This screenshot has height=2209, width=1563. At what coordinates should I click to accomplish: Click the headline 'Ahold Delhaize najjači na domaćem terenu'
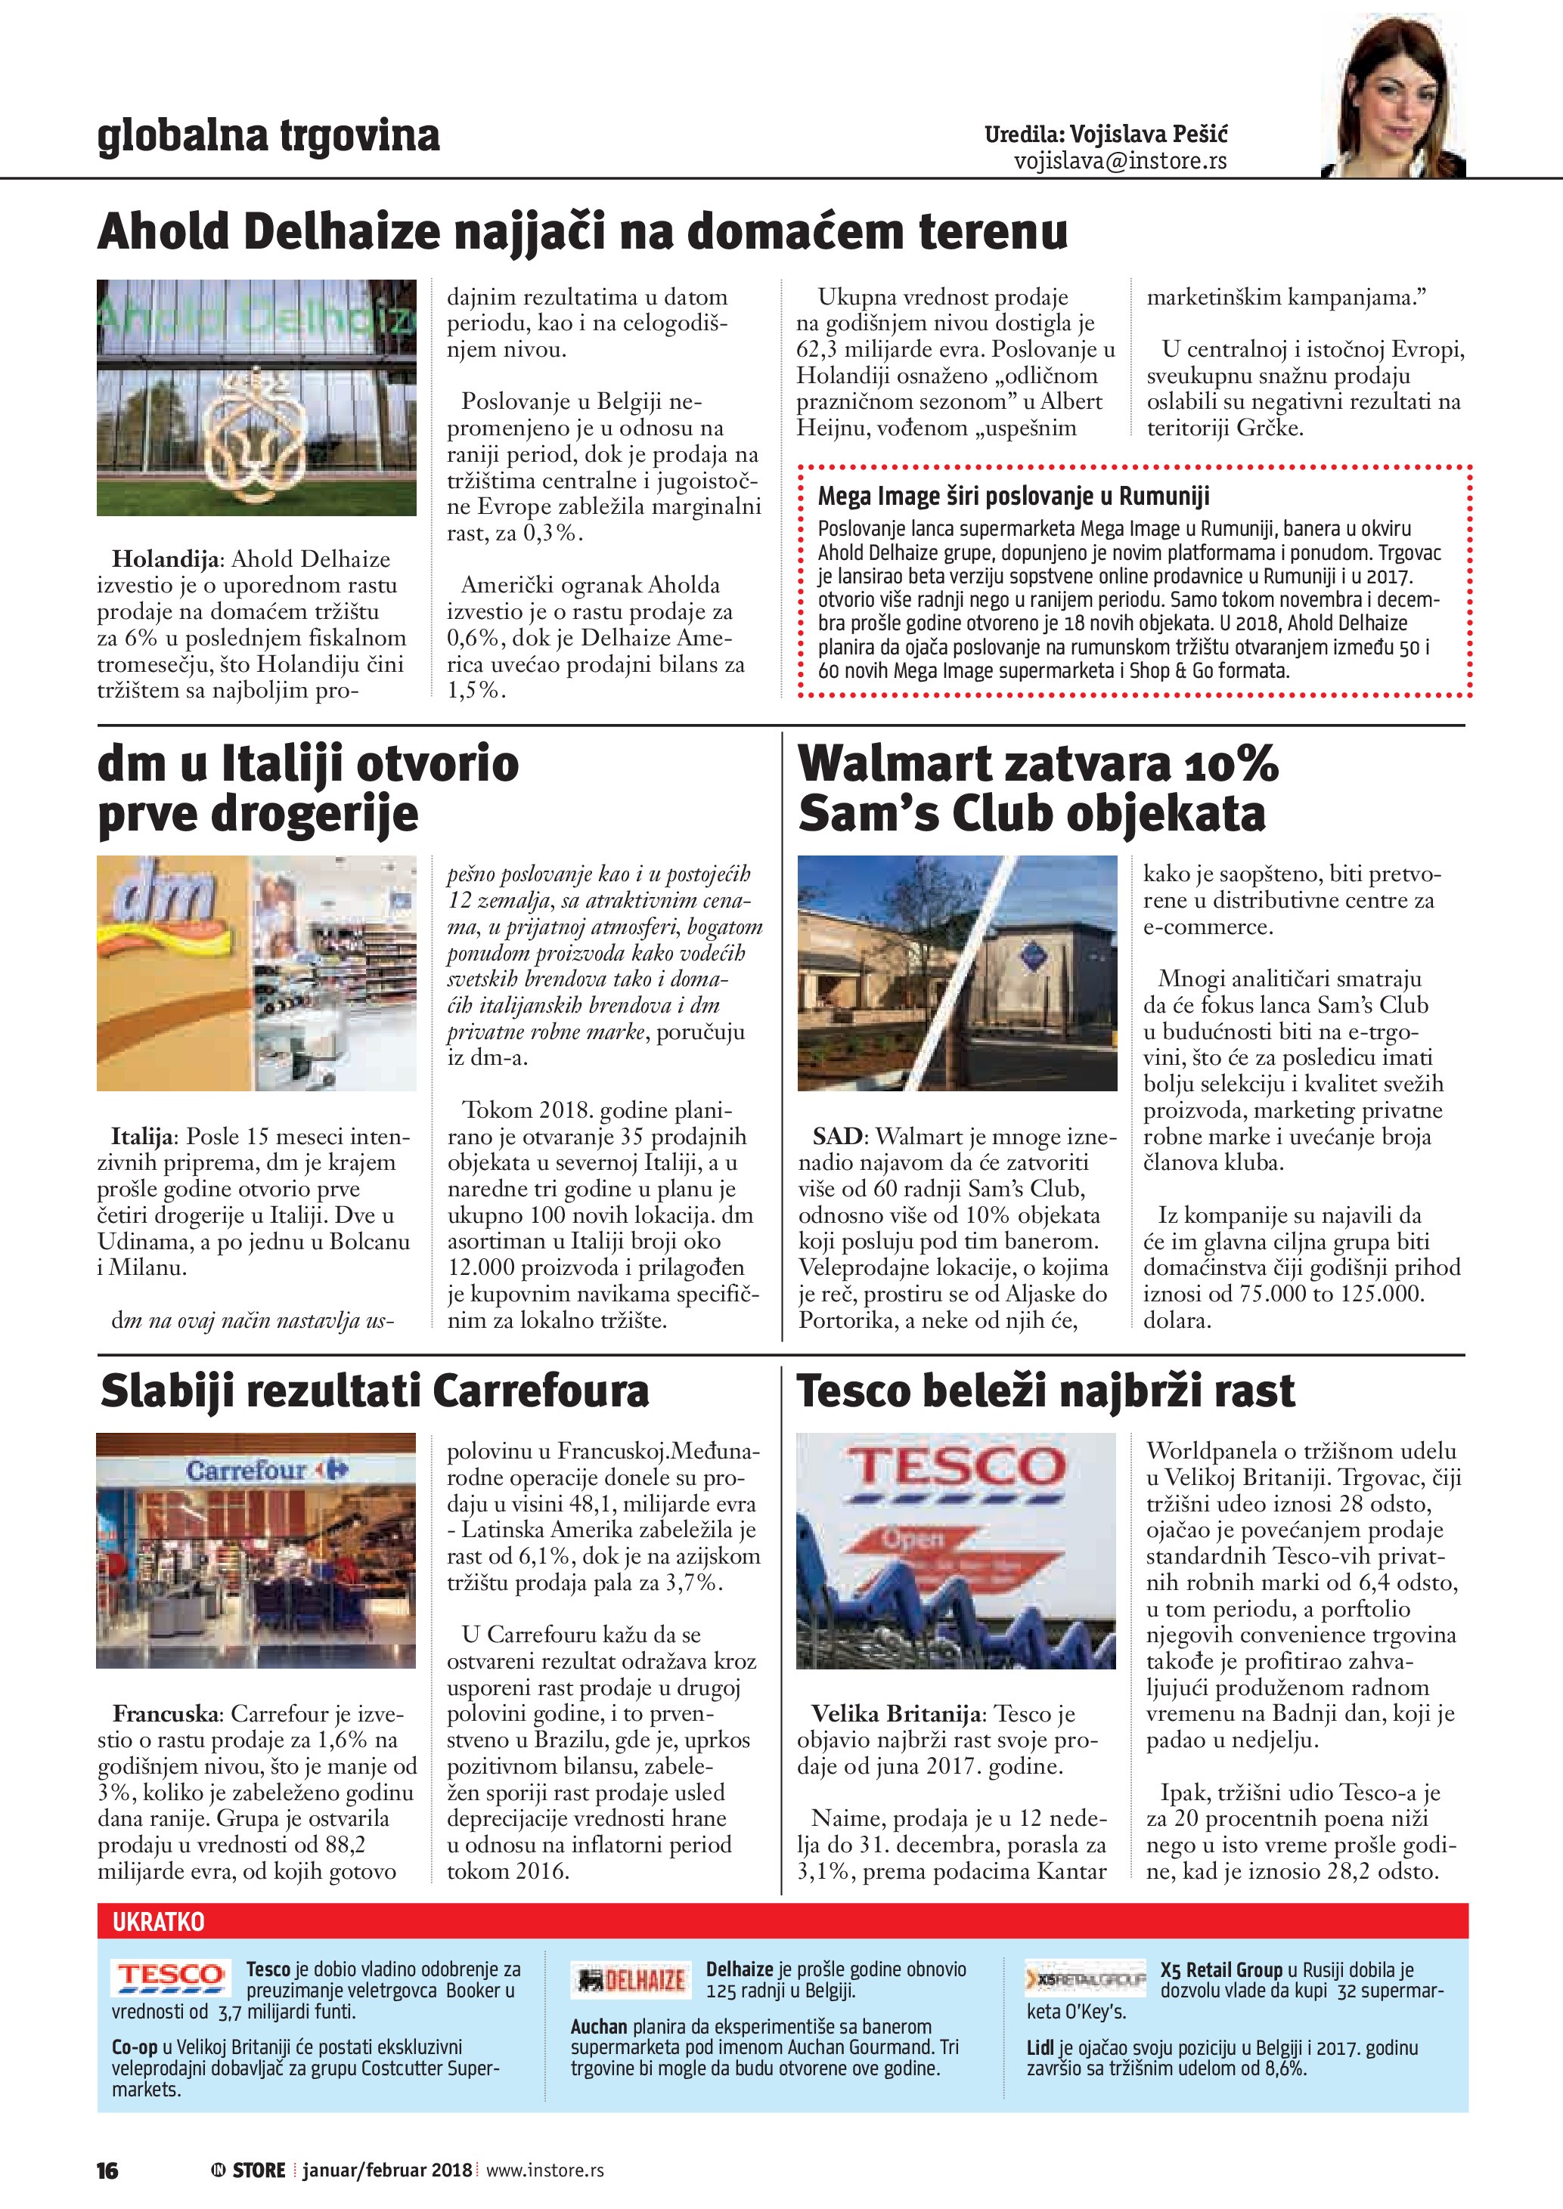pos(582,232)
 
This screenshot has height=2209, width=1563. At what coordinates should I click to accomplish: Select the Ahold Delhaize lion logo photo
pos(256,398)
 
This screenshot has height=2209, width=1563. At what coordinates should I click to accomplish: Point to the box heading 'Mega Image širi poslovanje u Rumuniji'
pos(1013,497)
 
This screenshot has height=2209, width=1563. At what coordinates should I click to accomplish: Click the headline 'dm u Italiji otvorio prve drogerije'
pos(308,788)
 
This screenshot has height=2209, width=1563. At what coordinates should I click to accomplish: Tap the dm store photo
pos(256,973)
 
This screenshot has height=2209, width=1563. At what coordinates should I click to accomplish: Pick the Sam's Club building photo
pos(957,973)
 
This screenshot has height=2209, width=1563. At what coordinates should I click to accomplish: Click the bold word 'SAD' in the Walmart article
pos(836,1137)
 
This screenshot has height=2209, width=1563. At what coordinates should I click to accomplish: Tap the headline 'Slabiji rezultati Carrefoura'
pos(374,1391)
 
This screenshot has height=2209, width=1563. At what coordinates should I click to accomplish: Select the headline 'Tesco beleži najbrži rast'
pos(1045,1391)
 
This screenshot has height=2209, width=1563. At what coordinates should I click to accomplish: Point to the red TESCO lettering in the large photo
pos(955,1468)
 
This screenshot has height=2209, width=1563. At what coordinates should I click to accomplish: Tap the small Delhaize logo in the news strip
pos(631,1980)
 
